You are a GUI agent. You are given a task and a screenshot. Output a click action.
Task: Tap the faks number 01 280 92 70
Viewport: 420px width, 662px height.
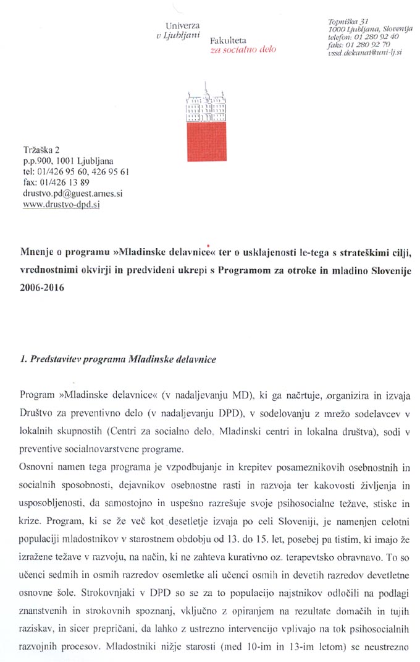pyautogui.click(x=372, y=45)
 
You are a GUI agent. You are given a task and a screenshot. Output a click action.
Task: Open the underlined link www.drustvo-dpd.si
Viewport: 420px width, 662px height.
pyautogui.click(x=61, y=204)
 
